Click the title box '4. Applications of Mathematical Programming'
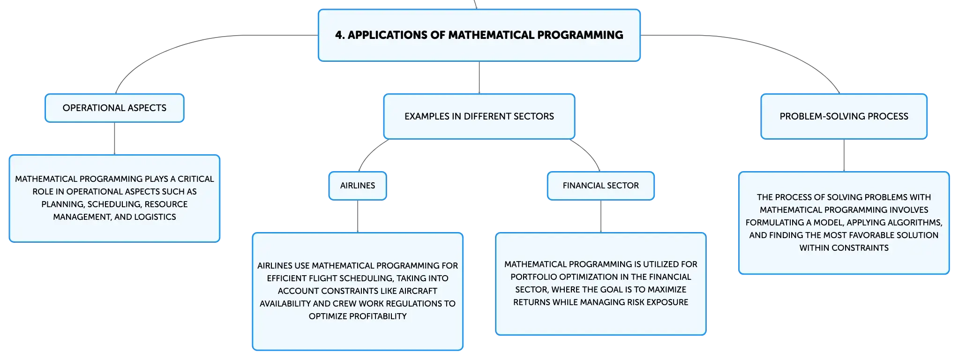(479, 35)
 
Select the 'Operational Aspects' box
(114, 108)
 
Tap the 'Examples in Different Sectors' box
(479, 116)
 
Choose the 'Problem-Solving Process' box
(844, 116)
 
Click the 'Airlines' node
(358, 186)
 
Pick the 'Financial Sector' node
(600, 186)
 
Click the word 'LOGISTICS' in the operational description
(155, 217)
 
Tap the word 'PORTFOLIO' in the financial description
(531, 277)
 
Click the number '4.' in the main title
(340, 35)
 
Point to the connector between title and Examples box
(479, 77)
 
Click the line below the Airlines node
(358, 216)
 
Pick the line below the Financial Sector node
(601, 216)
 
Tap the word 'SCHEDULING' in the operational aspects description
(114, 204)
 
